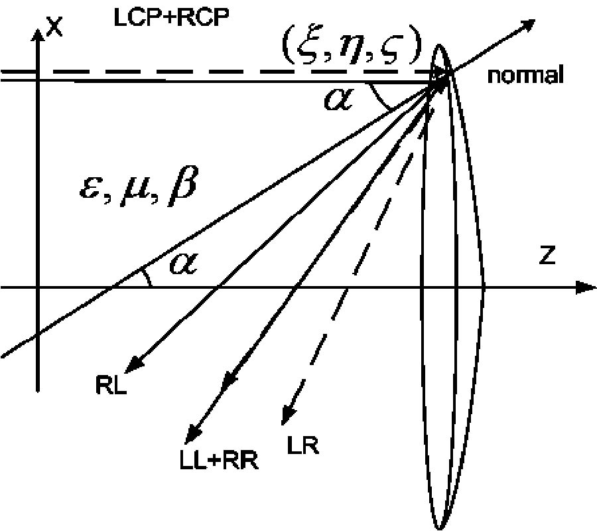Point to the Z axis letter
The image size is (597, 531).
[x=547, y=257]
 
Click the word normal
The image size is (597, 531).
[x=525, y=75]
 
